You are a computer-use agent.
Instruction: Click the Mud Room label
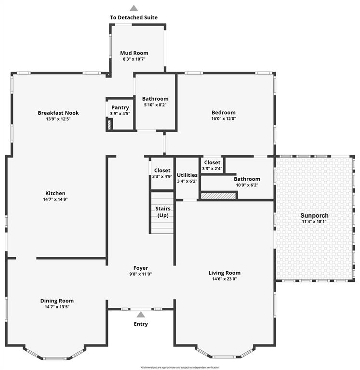(x=134, y=53)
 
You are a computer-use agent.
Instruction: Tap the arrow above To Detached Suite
(x=134, y=8)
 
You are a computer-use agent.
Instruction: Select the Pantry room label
(x=120, y=107)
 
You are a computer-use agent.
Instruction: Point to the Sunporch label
(x=314, y=215)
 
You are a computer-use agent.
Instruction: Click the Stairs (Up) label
(x=163, y=211)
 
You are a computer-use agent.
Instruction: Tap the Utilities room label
(x=187, y=175)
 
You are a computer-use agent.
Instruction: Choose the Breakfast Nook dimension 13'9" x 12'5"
(x=58, y=119)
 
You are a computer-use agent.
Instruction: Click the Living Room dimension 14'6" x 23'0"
(x=224, y=278)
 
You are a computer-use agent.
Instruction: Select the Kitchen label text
(x=55, y=193)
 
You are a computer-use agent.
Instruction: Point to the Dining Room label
(x=57, y=301)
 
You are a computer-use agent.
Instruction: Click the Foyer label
(x=141, y=268)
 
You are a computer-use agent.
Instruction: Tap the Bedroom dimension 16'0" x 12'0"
(x=223, y=119)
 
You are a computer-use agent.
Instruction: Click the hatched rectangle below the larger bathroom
(x=218, y=196)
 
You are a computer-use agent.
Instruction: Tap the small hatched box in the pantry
(x=110, y=125)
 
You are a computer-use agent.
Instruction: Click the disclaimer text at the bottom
(x=180, y=367)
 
